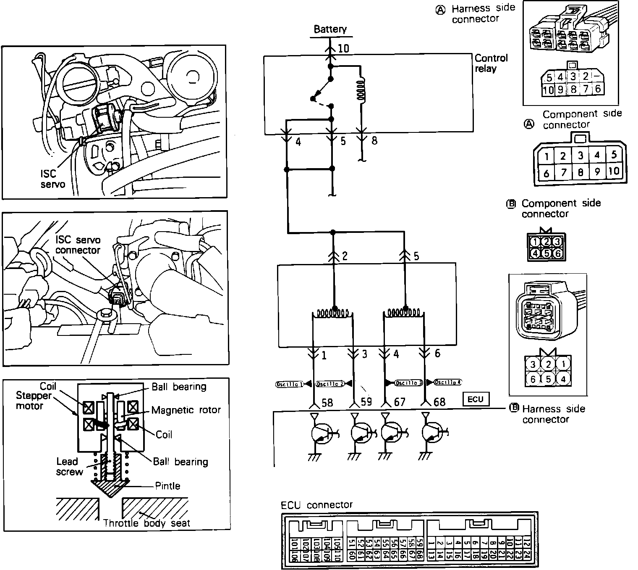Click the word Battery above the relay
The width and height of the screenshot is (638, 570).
point(330,29)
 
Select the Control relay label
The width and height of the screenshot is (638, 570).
point(491,63)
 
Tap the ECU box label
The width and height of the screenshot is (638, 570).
point(476,399)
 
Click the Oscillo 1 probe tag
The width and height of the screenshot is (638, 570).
point(289,384)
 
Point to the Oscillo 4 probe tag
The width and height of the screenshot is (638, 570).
point(448,383)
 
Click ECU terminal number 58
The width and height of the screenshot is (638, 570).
point(327,403)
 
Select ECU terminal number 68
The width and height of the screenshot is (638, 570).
point(439,402)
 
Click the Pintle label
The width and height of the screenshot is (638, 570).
point(167,486)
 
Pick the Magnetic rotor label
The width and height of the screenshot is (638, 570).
point(186,410)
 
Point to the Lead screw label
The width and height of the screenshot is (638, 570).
point(69,467)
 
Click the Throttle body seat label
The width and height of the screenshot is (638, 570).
point(146,523)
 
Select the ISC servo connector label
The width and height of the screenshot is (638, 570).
point(78,245)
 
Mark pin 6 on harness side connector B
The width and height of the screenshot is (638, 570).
point(533,379)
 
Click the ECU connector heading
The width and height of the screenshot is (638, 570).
point(317,505)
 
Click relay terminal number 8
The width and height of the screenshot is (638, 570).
point(374,141)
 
